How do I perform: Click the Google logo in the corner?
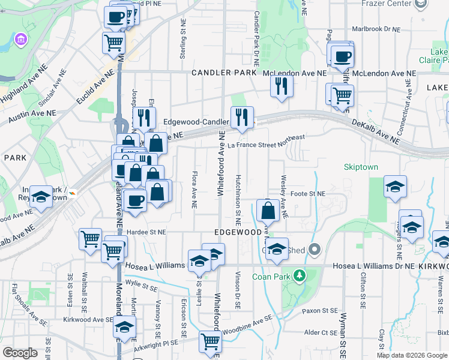pyautogui.click(x=20, y=353)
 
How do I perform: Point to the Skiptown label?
pyautogui.click(x=361, y=167)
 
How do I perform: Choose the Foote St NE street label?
pyautogui.click(x=307, y=194)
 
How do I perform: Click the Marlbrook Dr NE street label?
pyautogui.click(x=376, y=29)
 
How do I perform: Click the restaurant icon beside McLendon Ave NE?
pyautogui.click(x=280, y=85)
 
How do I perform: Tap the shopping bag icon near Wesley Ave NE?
pyautogui.click(x=268, y=211)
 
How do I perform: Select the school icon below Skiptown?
pyautogui.click(x=395, y=187)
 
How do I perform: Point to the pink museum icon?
pyautogui.click(x=21, y=40)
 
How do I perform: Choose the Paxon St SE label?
pyautogui.click(x=321, y=311)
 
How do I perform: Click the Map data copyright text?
pyautogui.click(x=411, y=355)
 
